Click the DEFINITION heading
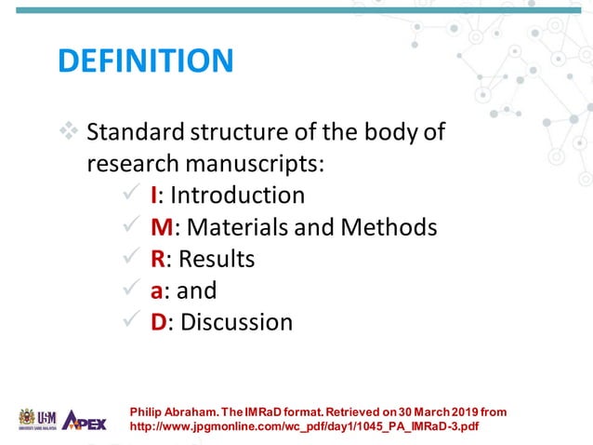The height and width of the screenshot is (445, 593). [145, 61]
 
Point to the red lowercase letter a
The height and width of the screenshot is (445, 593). [158, 290]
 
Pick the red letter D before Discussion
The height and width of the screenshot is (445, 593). [160, 322]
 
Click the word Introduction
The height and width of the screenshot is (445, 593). [237, 196]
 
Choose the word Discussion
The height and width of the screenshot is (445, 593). [236, 322]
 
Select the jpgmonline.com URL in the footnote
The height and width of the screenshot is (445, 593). [307, 426]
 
